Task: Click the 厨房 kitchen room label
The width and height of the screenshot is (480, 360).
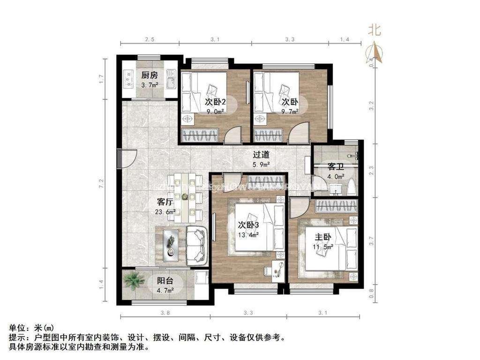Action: point(150,75)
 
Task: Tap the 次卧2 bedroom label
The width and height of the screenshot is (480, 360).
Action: point(216,101)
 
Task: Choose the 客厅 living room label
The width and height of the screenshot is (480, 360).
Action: point(166,202)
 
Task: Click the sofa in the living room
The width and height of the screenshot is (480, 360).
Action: point(196,244)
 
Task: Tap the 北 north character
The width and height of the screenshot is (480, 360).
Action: point(374,31)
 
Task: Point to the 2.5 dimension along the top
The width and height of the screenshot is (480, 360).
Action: point(149,39)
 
